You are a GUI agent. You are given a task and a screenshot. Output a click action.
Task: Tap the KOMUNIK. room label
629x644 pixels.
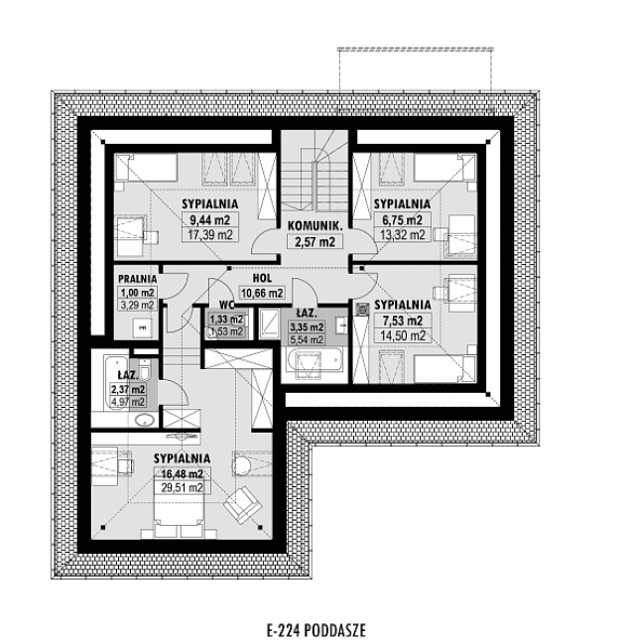tap(314, 226)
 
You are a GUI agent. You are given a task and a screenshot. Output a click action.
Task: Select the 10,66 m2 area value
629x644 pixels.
tap(261, 293)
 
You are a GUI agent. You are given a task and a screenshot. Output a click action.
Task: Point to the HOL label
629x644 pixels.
tap(263, 279)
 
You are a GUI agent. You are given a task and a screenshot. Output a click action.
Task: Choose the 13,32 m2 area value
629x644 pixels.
tap(403, 234)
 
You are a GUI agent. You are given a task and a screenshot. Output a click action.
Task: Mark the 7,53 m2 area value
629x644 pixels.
tap(403, 321)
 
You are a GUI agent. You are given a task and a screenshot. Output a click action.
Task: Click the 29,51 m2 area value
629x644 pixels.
tap(183, 487)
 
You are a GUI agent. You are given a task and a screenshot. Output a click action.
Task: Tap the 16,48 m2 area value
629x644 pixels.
tap(183, 473)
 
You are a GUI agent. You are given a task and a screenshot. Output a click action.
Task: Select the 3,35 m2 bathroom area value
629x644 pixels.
tap(306, 326)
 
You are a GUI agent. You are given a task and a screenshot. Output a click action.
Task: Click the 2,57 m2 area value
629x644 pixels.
tap(314, 241)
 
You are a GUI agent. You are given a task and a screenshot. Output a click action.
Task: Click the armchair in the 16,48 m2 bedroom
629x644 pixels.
tap(239, 508)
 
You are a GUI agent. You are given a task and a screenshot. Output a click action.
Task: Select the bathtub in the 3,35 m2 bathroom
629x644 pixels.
tap(314, 362)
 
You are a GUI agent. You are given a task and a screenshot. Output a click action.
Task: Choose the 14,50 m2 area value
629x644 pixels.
tap(403, 335)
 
